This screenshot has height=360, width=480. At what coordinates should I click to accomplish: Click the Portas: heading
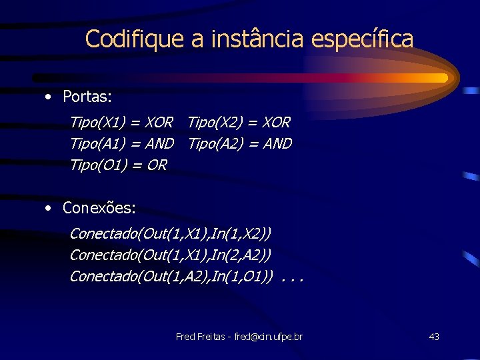[87, 97]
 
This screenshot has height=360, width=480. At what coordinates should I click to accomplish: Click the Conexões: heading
[99, 208]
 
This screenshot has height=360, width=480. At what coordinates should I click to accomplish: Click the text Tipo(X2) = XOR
[239, 123]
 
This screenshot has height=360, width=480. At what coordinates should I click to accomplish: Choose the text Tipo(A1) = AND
[121, 143]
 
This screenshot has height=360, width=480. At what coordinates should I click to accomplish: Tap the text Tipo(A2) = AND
[240, 143]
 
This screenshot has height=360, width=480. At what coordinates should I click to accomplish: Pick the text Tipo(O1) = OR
[118, 164]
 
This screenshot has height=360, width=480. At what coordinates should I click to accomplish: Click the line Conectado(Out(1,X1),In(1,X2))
[170, 234]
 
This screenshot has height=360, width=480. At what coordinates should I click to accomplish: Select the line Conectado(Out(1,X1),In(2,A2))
[170, 255]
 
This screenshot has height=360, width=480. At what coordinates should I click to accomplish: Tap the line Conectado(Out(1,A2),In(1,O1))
[171, 275]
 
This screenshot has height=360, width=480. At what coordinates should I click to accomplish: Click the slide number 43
[434, 337]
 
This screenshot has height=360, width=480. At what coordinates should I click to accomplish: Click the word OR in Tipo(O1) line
[157, 164]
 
